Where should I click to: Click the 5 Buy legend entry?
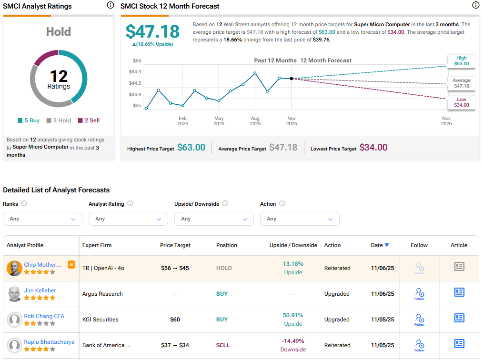click(29, 120)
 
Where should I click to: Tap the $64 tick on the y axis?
click(137, 60)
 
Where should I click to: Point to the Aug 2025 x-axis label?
click(255, 121)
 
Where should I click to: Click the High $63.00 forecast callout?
click(461, 61)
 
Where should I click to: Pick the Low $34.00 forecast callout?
click(461, 102)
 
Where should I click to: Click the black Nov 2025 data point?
click(292, 79)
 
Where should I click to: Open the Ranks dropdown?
click(42, 219)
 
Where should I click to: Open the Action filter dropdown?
click(300, 219)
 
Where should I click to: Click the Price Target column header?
click(175, 245)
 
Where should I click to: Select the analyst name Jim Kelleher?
click(40, 290)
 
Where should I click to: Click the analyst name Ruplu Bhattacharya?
click(49, 341)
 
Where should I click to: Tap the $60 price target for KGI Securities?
click(175, 320)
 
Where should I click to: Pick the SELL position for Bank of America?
click(222, 345)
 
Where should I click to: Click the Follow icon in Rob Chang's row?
click(419, 319)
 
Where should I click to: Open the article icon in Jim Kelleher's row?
click(459, 292)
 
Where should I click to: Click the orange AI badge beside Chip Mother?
click(71, 264)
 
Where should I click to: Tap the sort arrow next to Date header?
click(387, 245)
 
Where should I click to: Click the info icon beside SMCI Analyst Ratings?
click(111, 6)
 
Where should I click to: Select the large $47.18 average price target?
click(152, 31)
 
